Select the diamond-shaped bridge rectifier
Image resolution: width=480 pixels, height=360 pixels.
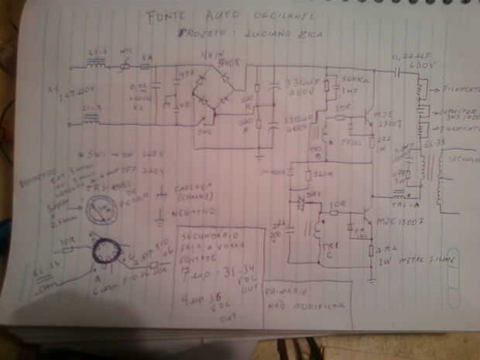pyautogui.click(x=212, y=91)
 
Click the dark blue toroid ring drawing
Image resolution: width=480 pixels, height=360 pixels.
pyautogui.click(x=104, y=252)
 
